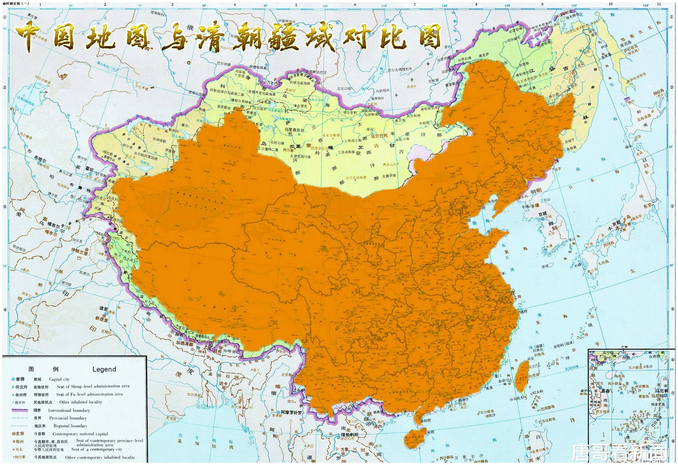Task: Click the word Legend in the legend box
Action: point(104,369)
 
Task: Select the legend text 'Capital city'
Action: point(60,379)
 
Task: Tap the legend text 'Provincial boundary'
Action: point(68,418)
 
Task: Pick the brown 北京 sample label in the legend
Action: point(20,434)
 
